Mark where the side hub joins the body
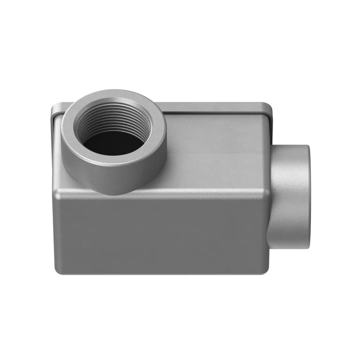coord(271,198)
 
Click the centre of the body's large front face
coord(162,234)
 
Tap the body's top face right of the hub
coord(216,153)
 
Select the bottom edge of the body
coord(162,273)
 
